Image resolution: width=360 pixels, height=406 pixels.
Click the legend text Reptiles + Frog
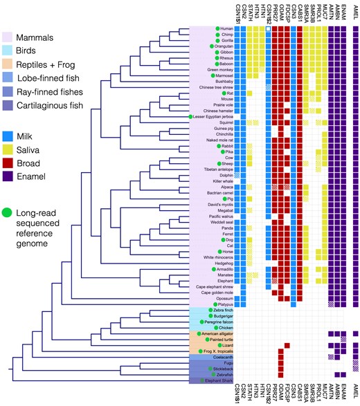49,64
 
